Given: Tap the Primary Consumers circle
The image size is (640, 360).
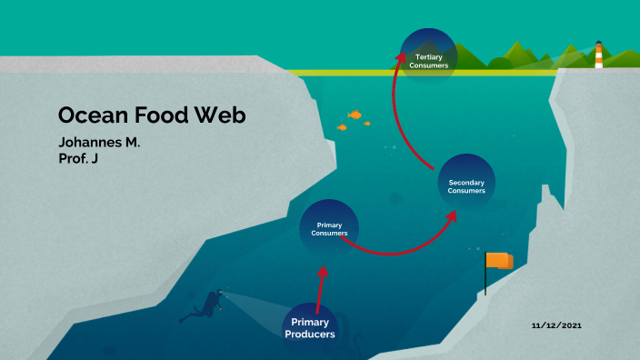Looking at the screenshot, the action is click(329, 228).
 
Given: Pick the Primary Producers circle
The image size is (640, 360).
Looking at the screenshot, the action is click(310, 328).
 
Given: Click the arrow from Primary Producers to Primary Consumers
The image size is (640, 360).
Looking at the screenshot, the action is click(319, 286).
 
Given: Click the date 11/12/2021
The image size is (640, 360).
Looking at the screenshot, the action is click(556, 325).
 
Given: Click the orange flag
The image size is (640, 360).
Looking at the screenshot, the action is click(499, 261).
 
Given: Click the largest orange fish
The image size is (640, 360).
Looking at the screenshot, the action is click(355, 115).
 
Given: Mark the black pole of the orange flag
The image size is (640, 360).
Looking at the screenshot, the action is click(485, 277).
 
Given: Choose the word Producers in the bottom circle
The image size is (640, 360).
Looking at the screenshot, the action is click(310, 335).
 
